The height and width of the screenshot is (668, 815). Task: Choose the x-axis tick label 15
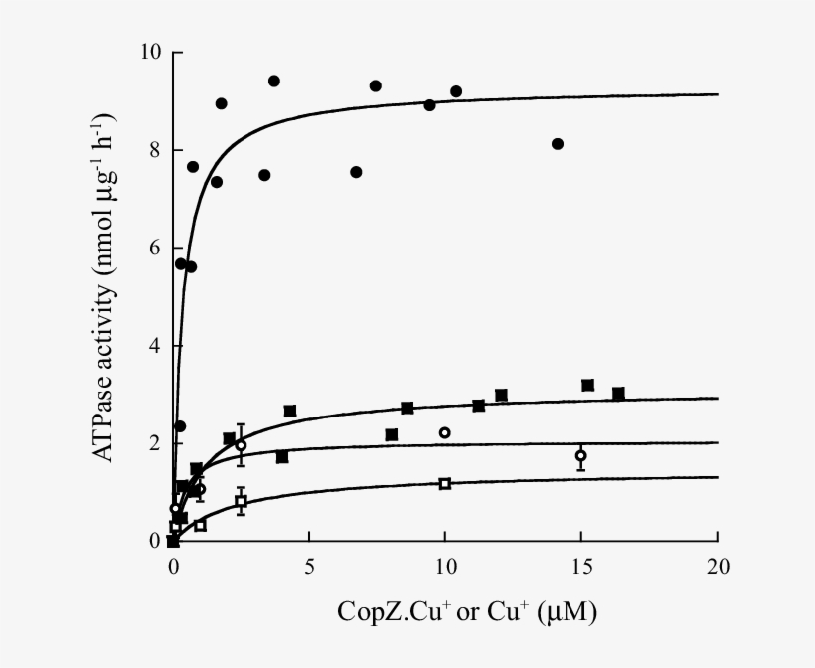pos(581,567)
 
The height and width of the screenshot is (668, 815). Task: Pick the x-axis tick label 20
pos(718,567)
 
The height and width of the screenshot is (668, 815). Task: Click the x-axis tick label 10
pos(445,567)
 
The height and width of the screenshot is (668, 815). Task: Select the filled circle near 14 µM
pos(558,144)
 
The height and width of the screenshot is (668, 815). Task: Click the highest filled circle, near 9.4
pos(274,82)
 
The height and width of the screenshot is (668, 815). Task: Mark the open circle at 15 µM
pos(581,456)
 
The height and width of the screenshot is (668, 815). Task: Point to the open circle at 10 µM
pos(445,433)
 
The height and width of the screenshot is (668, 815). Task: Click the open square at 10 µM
pos(445,484)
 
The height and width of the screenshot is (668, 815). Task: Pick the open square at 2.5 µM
pos(241,502)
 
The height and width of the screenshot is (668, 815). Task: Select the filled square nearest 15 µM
pos(587,385)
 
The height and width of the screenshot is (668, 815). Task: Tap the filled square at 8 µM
pos(392,435)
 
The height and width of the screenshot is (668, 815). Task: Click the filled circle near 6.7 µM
pos(356,172)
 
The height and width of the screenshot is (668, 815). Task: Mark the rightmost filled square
pos(618,394)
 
